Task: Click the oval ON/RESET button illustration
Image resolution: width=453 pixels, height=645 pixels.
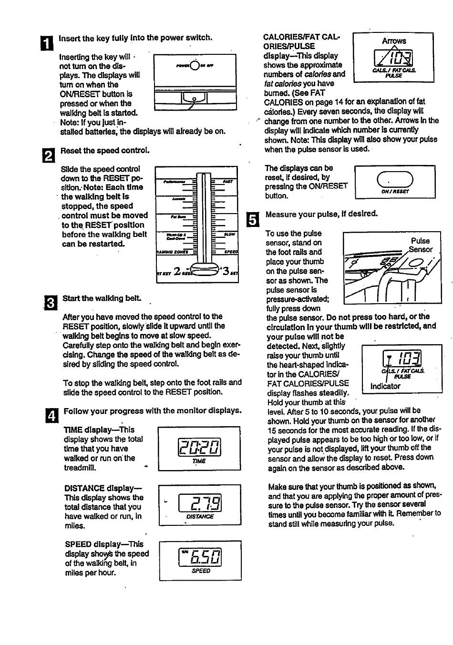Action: pos(395,180)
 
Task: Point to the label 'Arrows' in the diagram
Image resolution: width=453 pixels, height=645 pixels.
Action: pos(394,41)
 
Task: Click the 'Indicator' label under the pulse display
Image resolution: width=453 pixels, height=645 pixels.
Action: pos(385,386)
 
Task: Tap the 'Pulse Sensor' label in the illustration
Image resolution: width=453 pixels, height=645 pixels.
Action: pos(420,245)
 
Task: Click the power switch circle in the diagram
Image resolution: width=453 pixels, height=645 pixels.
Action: pos(195,65)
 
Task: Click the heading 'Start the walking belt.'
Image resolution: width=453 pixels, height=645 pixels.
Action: pos(102,298)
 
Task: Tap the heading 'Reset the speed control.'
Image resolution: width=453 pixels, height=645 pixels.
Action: pos(104,151)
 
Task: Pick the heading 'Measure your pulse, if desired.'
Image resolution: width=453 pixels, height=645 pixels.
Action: pos(321,214)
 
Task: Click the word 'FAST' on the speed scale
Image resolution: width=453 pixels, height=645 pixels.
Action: pos(228,182)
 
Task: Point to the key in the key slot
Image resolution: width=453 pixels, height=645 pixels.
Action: pos(195,100)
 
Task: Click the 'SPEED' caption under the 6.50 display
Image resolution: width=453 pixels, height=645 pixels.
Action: pos(201,571)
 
